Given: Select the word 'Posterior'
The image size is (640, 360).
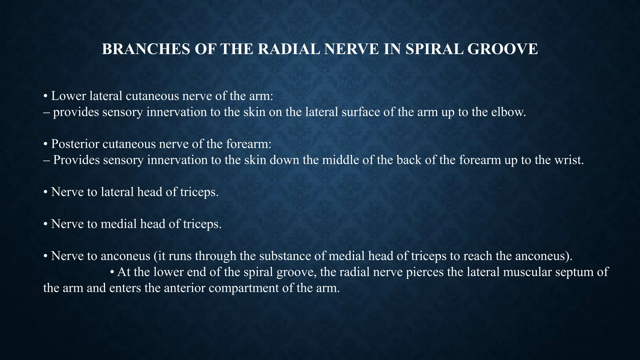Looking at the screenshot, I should coord(75,144).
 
